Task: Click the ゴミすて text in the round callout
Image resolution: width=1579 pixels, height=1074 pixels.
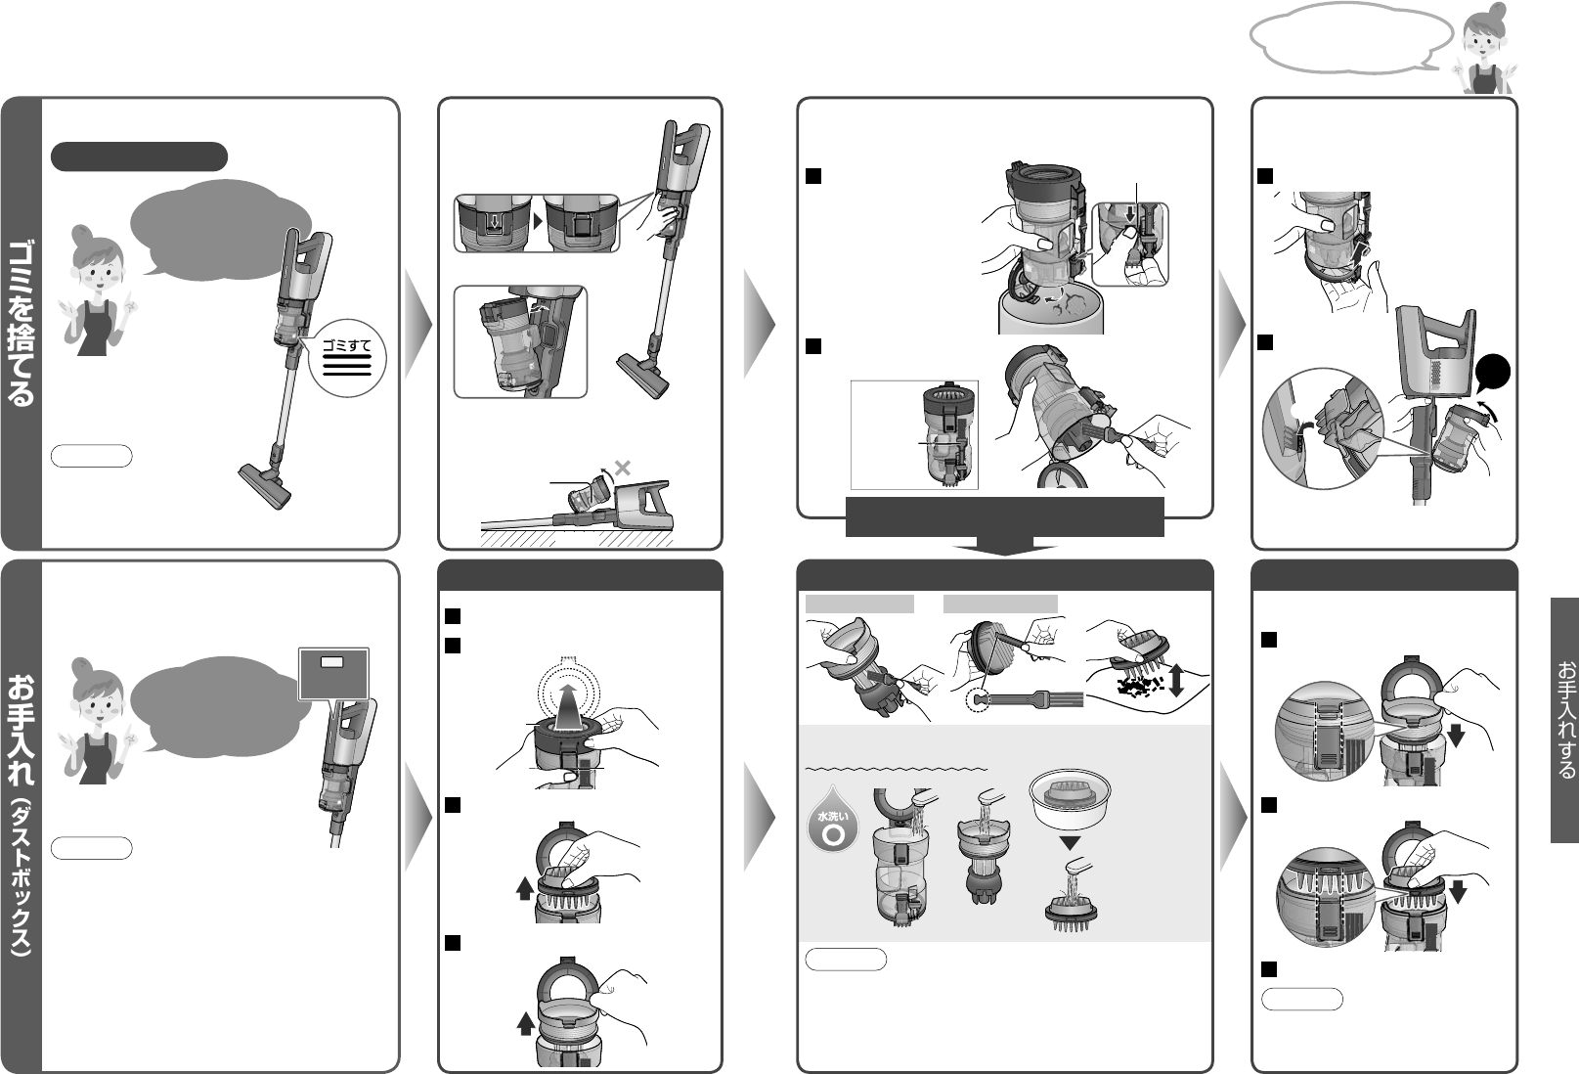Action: [346, 345]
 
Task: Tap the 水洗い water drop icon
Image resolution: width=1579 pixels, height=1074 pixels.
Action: [833, 821]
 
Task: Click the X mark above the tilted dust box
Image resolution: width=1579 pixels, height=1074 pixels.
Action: [622, 468]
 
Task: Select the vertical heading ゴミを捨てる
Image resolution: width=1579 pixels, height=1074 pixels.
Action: [21, 322]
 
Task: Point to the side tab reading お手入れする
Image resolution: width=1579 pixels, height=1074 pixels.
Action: [1565, 719]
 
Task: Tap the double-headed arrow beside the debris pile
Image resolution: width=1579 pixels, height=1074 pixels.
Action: [1175, 680]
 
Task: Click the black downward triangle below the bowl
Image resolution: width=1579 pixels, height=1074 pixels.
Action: [1070, 843]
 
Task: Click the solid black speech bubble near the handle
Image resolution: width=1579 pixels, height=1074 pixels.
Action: [1492, 373]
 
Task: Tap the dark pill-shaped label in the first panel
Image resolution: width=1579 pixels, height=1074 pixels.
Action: [140, 157]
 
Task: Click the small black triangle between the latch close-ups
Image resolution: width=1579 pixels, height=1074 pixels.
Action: [538, 221]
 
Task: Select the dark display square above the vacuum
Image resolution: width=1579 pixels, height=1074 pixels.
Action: [333, 674]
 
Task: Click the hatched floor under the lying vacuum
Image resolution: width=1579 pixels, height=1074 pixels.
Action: [577, 538]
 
